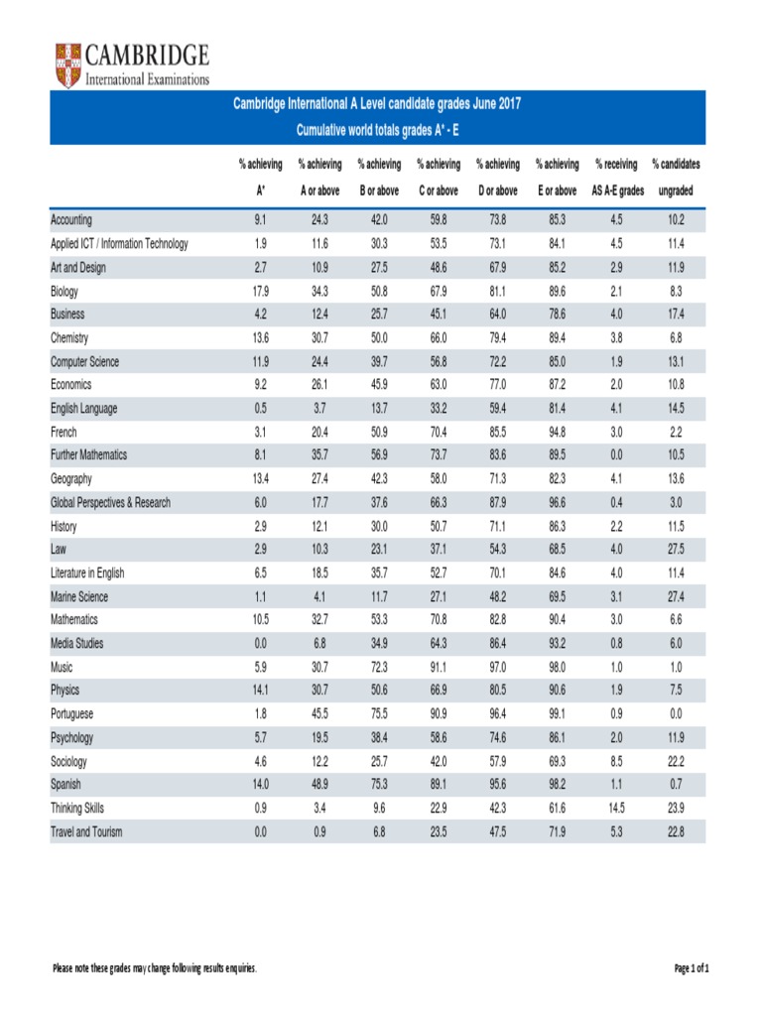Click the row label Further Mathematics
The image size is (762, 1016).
[x=89, y=455]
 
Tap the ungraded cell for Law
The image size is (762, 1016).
[x=676, y=550]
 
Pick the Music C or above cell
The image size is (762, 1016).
[x=438, y=667]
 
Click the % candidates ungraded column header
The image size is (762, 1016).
[x=676, y=177]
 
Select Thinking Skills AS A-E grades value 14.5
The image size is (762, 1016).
[x=615, y=809]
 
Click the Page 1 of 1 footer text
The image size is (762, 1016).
[x=692, y=968]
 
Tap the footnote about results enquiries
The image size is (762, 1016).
[x=155, y=968]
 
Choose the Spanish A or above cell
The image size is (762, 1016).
[x=319, y=785]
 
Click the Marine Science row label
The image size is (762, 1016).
[x=79, y=597]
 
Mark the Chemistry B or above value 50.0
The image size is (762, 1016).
[x=378, y=338]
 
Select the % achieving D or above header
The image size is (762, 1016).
[x=497, y=177]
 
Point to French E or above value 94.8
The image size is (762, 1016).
[x=557, y=433]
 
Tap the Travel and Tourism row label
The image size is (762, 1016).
[x=86, y=832]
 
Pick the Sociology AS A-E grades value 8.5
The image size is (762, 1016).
[x=615, y=762]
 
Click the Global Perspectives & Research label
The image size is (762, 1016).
[x=110, y=503]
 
